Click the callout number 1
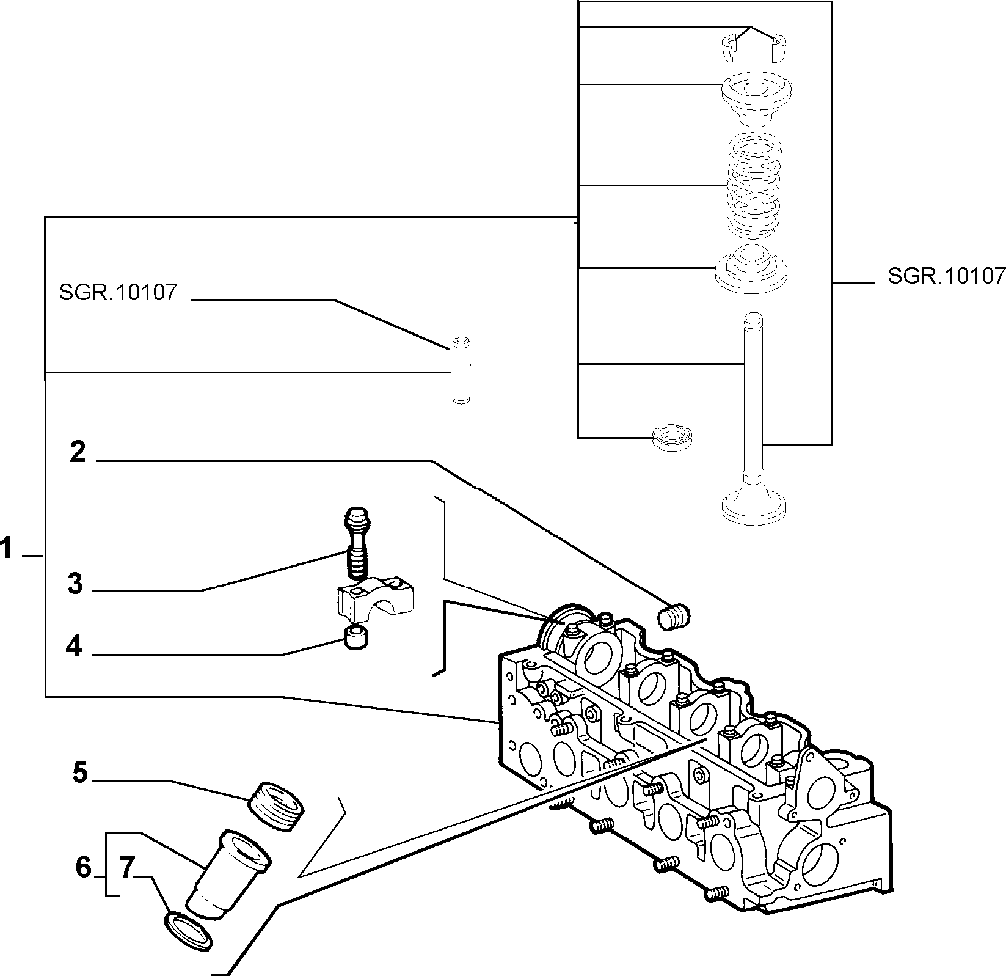click(7, 548)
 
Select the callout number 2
click(78, 453)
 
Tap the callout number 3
click(75, 584)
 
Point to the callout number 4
click(74, 646)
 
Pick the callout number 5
click(79, 772)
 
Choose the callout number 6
click(83, 867)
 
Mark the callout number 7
click(126, 867)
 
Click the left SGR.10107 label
click(118, 292)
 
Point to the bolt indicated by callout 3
click(357, 541)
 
